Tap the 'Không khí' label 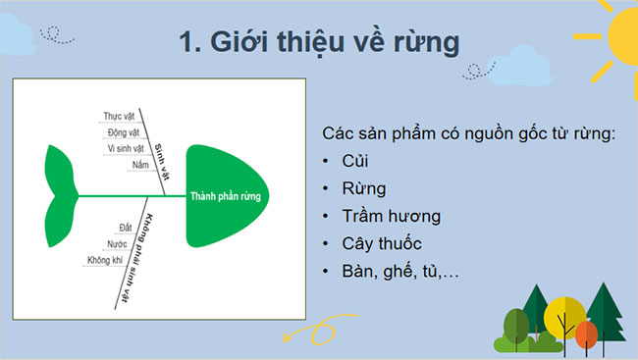click(105, 261)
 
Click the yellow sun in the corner click(613, 39)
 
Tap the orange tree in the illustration click(586, 335)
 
